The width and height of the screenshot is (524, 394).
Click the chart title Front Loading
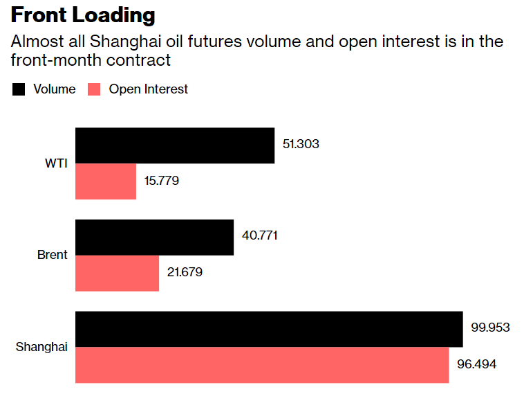click(83, 15)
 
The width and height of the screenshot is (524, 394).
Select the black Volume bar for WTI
click(174, 145)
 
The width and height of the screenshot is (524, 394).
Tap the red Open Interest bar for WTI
click(105, 181)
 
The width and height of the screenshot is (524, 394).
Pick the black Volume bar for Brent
click(153, 238)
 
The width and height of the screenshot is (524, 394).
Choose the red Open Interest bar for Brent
click(117, 273)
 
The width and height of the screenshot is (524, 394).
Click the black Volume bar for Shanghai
click(268, 329)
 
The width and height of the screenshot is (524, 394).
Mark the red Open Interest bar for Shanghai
click(261, 365)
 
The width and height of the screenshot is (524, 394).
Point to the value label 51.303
click(301, 145)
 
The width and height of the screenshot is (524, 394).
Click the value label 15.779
click(162, 181)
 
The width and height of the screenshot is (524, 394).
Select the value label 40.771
click(259, 236)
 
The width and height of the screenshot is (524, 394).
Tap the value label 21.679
click(185, 272)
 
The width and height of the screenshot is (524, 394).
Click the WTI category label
click(56, 163)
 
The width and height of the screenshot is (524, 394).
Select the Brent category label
click(52, 255)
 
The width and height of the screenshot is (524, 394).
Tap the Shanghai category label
click(41, 346)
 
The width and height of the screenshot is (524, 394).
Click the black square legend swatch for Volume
click(19, 89)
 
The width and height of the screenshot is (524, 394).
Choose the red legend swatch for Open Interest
click(95, 89)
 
